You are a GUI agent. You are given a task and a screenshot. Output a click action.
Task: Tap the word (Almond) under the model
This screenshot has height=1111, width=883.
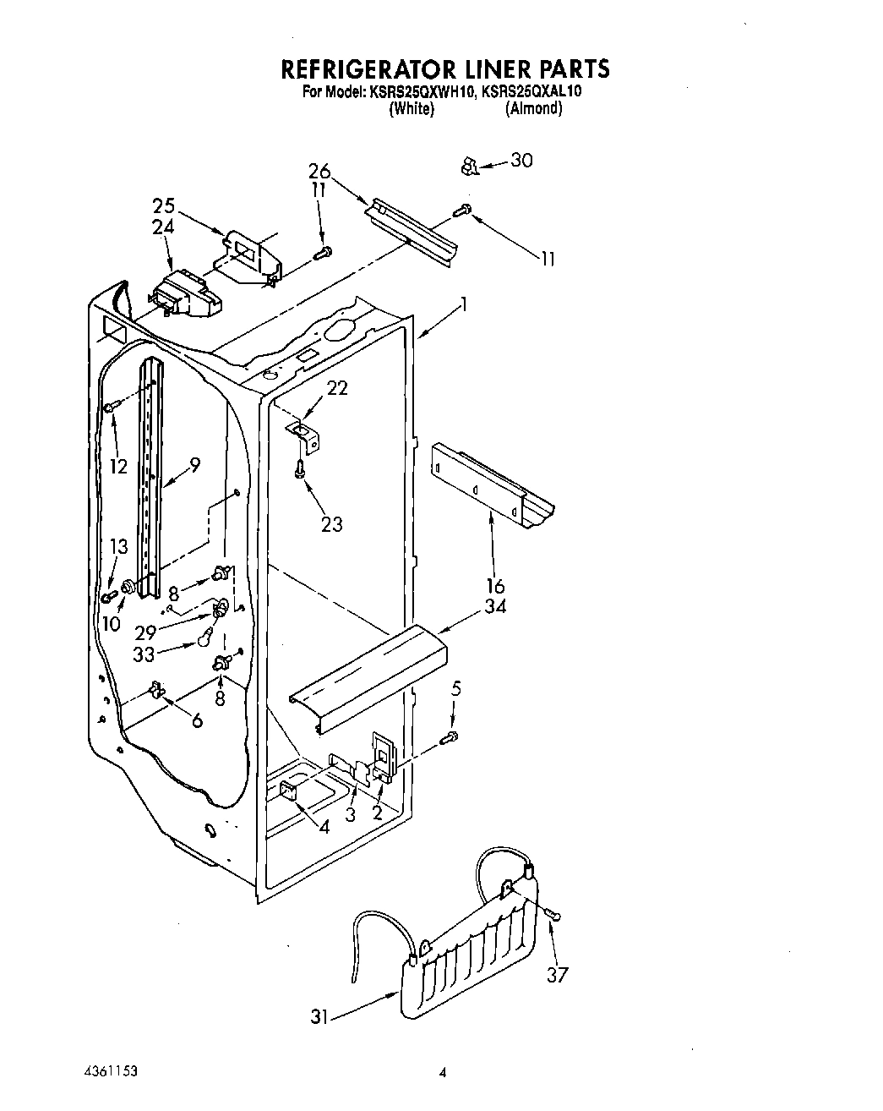[x=533, y=108]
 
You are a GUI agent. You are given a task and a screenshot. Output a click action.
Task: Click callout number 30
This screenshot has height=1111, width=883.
[x=521, y=160]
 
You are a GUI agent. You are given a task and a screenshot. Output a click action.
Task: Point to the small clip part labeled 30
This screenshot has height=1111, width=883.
[x=467, y=167]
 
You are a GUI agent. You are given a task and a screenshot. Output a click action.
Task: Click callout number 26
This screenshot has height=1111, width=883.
[x=319, y=172]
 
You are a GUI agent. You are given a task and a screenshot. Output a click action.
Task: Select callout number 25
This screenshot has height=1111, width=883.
[x=164, y=205]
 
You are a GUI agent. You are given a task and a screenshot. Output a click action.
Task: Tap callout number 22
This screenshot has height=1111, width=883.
[x=337, y=388]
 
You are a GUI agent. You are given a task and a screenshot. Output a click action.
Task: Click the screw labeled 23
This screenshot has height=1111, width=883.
[x=299, y=467]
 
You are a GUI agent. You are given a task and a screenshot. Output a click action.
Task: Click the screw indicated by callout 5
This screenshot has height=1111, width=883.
[x=450, y=737]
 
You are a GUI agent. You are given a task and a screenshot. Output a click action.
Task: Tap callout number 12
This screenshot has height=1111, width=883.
[x=118, y=465]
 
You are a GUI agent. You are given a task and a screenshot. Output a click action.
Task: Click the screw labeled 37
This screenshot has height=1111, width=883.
[x=553, y=915]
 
